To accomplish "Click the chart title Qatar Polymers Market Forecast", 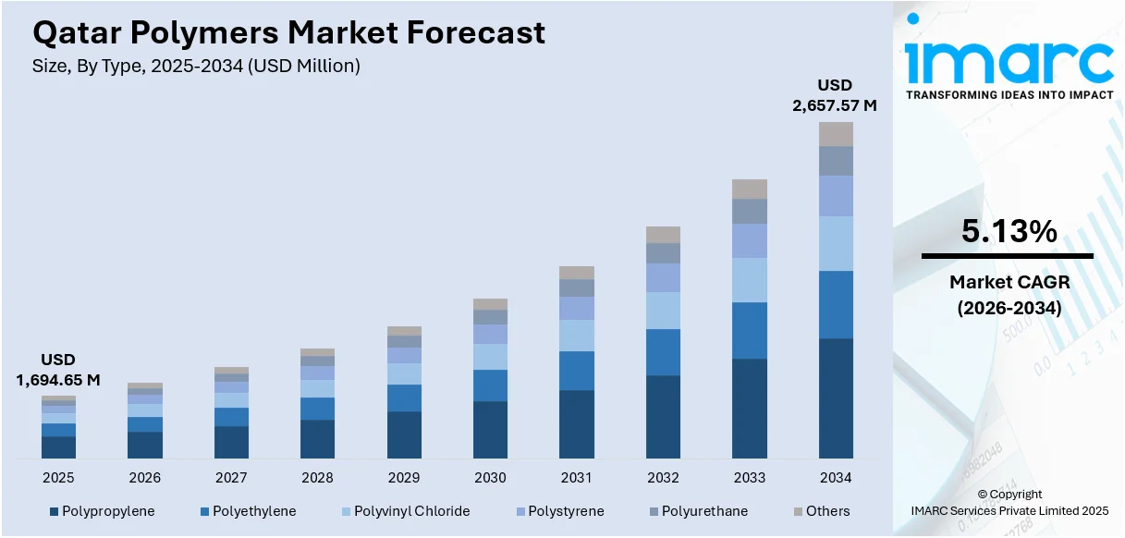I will [x=288, y=33].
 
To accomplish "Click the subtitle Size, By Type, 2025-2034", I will [x=196, y=66].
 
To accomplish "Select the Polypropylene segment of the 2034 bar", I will [x=836, y=397].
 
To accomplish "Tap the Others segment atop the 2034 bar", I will [x=836, y=134].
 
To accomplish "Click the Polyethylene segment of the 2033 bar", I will [x=750, y=330].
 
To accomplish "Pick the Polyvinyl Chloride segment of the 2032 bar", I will [x=663, y=311].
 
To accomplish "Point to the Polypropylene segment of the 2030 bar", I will [x=490, y=429].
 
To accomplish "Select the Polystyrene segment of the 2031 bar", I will [x=577, y=308].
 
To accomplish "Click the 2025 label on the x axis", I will [x=58, y=478].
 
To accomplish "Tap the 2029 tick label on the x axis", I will [x=404, y=478].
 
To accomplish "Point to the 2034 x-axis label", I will [x=836, y=478].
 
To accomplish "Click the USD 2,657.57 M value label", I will [x=834, y=96].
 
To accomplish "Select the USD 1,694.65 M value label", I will [x=58, y=370].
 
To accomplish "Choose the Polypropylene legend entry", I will [x=103, y=511].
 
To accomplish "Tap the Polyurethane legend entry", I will [x=697, y=511].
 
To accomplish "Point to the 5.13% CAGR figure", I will [x=1009, y=232].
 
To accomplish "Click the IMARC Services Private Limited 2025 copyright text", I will [x=1009, y=510].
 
